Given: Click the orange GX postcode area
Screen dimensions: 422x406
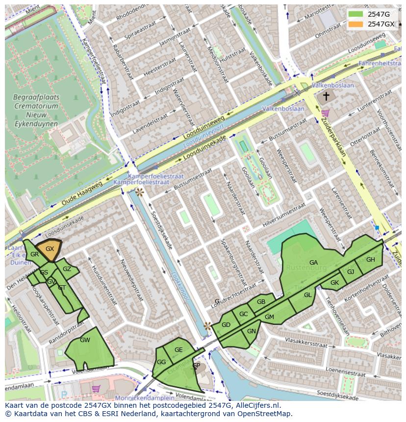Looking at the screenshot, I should tap(50, 249).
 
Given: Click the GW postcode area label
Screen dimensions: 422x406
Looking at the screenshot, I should tap(85, 340).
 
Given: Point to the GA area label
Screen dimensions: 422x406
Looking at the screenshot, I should tap(313, 263).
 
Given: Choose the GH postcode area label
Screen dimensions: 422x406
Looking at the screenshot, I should tap(370, 260).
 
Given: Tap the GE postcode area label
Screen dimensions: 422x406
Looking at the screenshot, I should tap(178, 350).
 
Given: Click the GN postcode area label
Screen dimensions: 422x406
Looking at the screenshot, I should tap(252, 331).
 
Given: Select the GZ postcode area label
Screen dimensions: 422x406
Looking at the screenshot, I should tap(67, 269).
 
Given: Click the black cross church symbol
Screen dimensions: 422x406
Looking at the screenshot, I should tap(326, 97).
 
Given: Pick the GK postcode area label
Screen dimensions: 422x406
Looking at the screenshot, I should tap(334, 283).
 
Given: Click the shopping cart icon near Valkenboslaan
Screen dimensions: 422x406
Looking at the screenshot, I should tap(325, 114).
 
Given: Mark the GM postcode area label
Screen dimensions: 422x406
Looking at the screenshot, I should tap(269, 317).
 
